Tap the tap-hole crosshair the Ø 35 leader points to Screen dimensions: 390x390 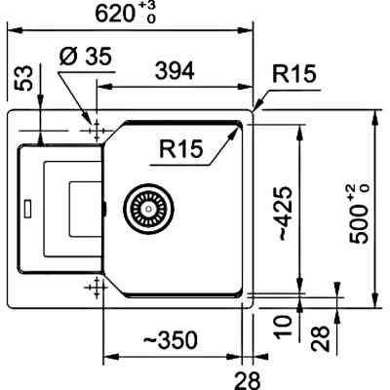click(x=96, y=129)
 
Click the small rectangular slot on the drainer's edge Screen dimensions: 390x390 click(x=28, y=207)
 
